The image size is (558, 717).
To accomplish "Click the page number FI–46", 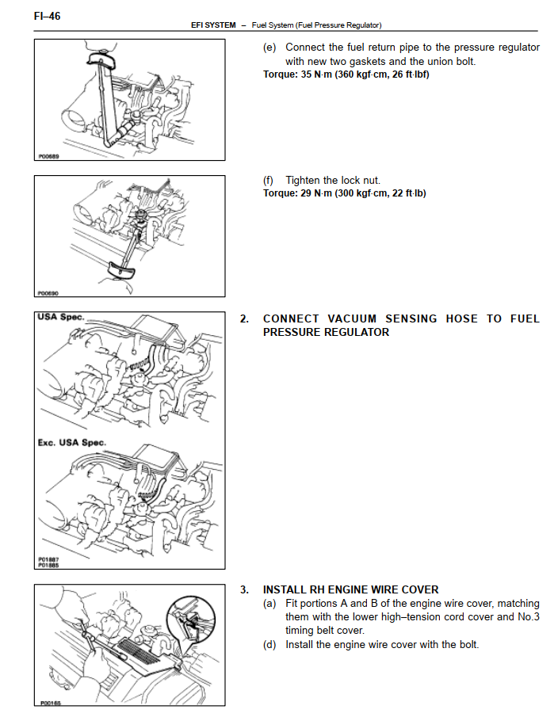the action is pos(47,16).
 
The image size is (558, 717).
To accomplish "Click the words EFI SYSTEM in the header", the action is pos(213,25).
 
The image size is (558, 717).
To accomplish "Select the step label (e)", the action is pos(269,48).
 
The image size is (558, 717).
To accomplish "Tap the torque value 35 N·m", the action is pos(316,74).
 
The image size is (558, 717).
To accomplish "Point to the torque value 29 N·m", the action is pos(316,193).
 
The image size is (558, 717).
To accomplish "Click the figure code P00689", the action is pos(48,156).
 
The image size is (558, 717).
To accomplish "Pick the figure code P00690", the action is pos(48,293).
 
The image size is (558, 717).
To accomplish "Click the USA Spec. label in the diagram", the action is pos(61,317).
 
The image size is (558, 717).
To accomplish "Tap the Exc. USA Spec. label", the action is pos(72,443).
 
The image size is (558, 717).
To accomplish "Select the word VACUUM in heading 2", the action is pos(352,318).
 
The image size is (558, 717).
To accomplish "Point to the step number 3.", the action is pos(244,590).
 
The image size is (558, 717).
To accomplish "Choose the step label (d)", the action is pos(269,645).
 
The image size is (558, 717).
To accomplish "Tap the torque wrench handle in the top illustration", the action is pos(101,59).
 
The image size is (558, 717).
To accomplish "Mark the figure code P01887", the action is pos(48,559).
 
